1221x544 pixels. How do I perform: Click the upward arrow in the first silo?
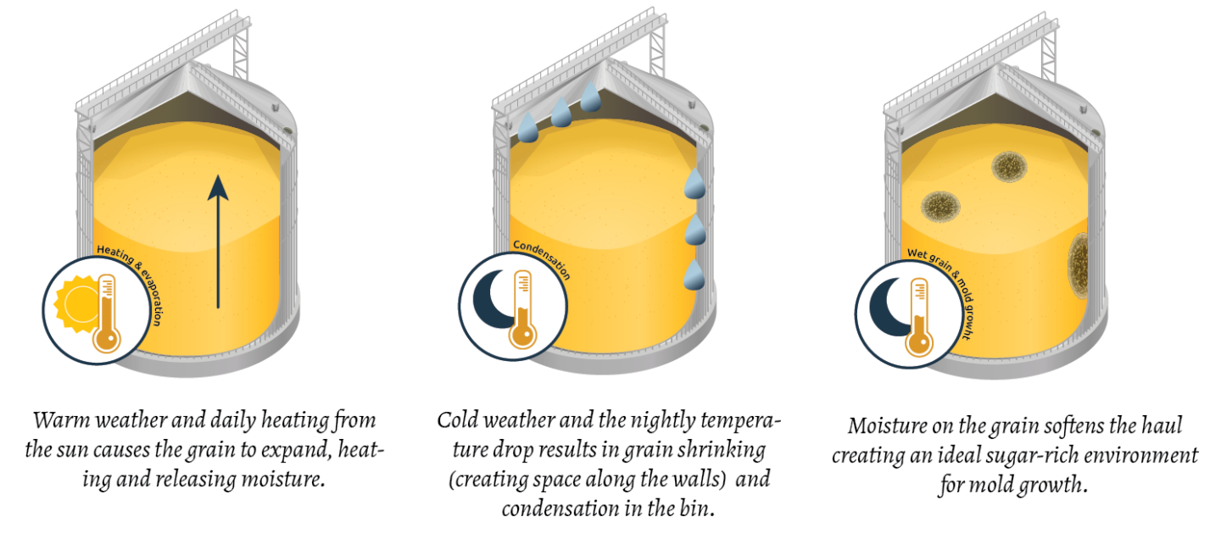[218, 241]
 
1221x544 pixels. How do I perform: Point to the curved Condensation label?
[542, 258]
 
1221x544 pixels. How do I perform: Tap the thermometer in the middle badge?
[522, 308]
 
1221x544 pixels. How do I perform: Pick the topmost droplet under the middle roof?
[591, 96]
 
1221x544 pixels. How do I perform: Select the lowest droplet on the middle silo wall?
[695, 274]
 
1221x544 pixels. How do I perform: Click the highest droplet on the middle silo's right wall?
[695, 183]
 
